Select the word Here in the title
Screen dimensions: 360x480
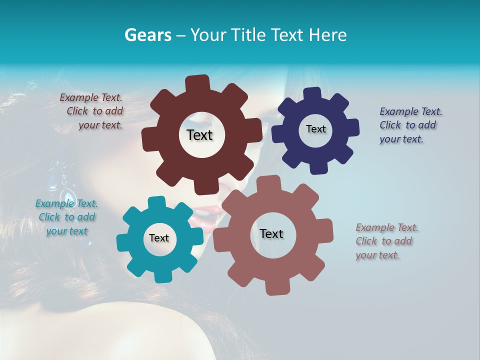(x=328, y=35)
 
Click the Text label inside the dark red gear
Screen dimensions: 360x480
(x=199, y=135)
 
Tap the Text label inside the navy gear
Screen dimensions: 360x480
(x=315, y=129)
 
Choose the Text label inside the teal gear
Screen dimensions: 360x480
(x=159, y=238)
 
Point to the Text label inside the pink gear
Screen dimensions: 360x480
(x=271, y=234)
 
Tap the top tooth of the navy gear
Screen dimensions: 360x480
(x=312, y=94)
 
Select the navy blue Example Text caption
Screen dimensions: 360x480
(x=410, y=125)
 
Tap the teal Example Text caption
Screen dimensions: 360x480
(x=66, y=217)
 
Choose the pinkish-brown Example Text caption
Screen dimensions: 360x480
(x=386, y=241)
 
